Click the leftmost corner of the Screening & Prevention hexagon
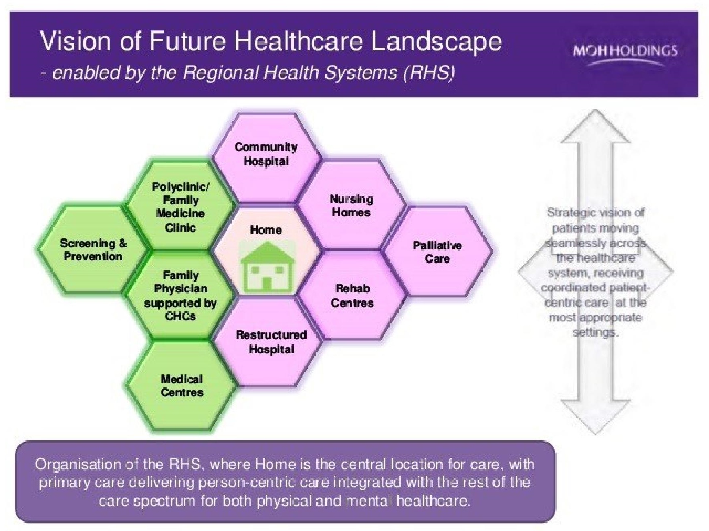tap(38, 249)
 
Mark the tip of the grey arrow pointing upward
tap(595, 110)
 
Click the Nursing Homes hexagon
tap(351, 205)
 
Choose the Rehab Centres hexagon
tap(352, 295)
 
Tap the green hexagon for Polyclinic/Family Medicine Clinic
tap(180, 207)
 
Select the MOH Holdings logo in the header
tap(625, 54)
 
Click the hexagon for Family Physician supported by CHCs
tap(180, 296)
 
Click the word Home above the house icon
tap(266, 230)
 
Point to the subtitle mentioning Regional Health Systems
tap(248, 73)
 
